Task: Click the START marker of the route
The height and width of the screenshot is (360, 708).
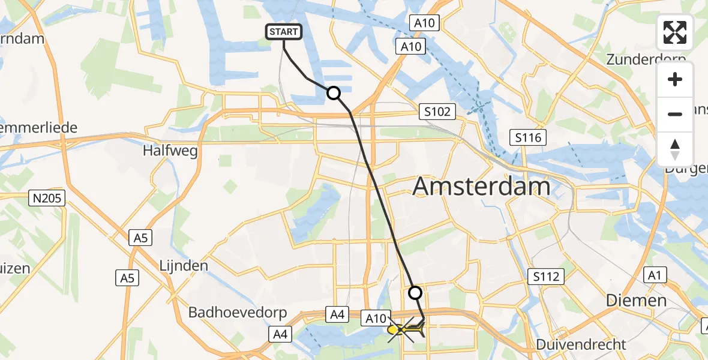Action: click(x=283, y=32)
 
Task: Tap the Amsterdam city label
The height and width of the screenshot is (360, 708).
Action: click(x=482, y=187)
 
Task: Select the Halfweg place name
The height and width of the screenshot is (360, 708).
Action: click(x=170, y=151)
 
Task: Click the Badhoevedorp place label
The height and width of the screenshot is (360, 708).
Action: click(x=238, y=313)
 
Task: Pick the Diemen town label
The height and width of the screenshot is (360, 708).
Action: click(x=636, y=300)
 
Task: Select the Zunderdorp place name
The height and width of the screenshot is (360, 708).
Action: click(x=646, y=59)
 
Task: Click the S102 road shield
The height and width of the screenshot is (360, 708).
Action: click(x=437, y=112)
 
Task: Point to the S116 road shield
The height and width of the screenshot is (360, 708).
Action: click(x=528, y=138)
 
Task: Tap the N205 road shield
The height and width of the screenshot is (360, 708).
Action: click(x=48, y=198)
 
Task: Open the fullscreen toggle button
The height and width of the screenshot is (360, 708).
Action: click(x=675, y=32)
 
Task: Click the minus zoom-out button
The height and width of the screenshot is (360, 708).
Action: click(x=675, y=114)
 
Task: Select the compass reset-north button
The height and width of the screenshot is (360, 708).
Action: click(x=675, y=149)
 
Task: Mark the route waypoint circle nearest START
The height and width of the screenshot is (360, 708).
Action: click(x=333, y=93)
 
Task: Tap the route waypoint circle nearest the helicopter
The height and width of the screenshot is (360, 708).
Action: click(x=415, y=293)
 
